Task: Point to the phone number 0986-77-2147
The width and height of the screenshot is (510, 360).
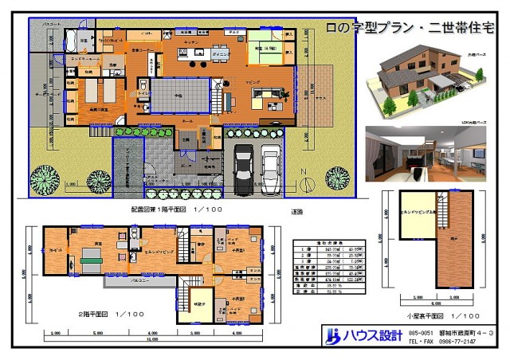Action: point(461,342)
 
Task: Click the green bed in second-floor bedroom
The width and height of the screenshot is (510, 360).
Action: point(91,257)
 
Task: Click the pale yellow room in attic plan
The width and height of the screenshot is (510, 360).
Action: point(416,213)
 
